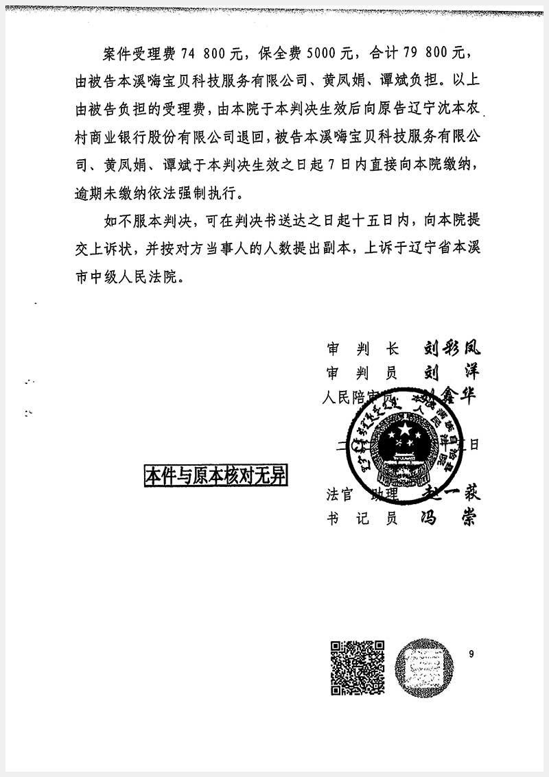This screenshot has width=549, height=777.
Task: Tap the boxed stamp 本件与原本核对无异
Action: pyautogui.click(x=215, y=476)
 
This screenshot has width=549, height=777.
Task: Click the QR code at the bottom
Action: pyautogui.click(x=358, y=667)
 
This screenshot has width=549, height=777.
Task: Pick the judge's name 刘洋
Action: pyautogui.click(x=449, y=374)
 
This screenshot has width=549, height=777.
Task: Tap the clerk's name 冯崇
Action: pyautogui.click(x=447, y=518)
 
